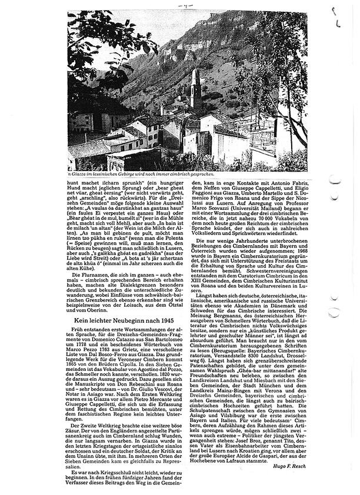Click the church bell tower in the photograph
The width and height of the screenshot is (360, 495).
(196, 88)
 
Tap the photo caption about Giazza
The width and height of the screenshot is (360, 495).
(136, 175)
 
